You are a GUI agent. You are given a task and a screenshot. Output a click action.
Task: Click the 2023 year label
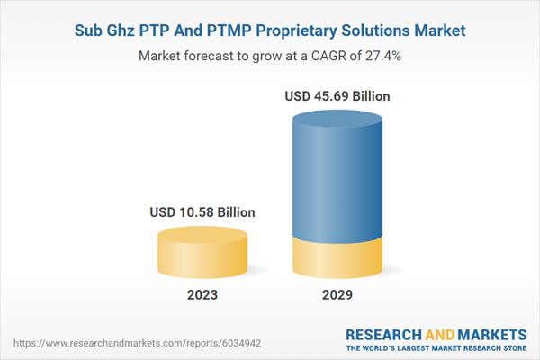click(202, 294)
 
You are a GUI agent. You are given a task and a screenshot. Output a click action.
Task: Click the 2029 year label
click(338, 294)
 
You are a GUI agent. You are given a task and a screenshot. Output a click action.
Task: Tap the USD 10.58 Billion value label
click(202, 212)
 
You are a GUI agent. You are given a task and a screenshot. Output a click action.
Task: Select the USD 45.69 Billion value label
click(337, 95)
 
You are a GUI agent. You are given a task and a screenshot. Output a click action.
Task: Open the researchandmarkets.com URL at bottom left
click(112, 343)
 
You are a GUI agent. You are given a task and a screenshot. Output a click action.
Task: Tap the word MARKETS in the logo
click(490, 335)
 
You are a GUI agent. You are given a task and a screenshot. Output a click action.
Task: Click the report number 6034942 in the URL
click(186, 343)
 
